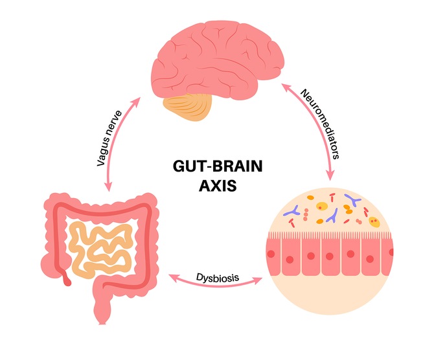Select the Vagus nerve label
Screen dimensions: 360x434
tap(111, 140)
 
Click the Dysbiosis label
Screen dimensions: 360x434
tap(217, 277)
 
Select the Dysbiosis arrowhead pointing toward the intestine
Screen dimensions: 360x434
tap(173, 278)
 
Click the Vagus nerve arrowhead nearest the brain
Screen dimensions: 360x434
tap(136, 98)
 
